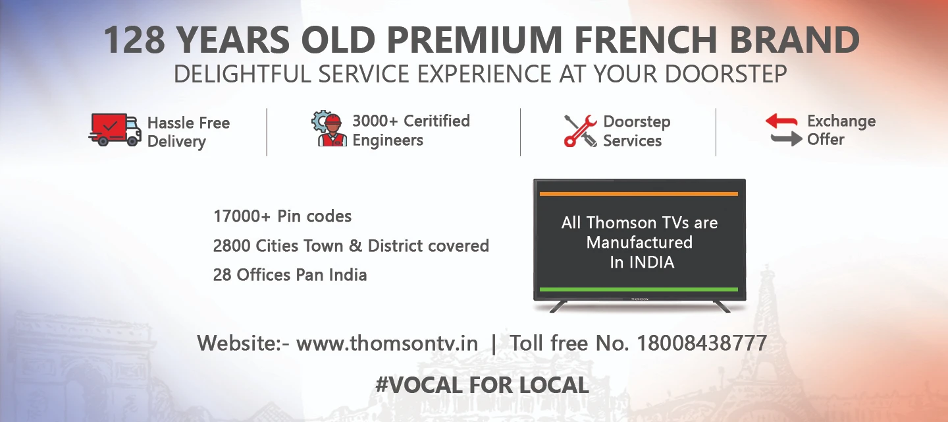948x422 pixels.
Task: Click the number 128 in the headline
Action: (135, 41)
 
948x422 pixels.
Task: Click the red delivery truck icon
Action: (115, 129)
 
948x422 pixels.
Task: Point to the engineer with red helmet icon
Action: (330, 129)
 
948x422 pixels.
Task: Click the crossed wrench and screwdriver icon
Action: (580, 130)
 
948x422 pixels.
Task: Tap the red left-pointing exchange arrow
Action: (781, 121)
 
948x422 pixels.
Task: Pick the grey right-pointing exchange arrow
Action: (786, 138)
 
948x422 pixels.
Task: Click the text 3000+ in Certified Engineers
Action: (375, 121)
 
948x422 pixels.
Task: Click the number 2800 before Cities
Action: (231, 246)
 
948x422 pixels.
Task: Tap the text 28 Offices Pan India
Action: (290, 275)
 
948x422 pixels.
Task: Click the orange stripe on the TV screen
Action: (639, 194)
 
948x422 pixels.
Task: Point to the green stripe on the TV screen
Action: (639, 289)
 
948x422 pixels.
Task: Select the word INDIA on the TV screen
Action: (652, 262)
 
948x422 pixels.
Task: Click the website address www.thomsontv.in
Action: (387, 344)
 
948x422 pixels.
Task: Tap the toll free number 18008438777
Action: (702, 344)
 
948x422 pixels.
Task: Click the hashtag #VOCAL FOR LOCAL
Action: (482, 385)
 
